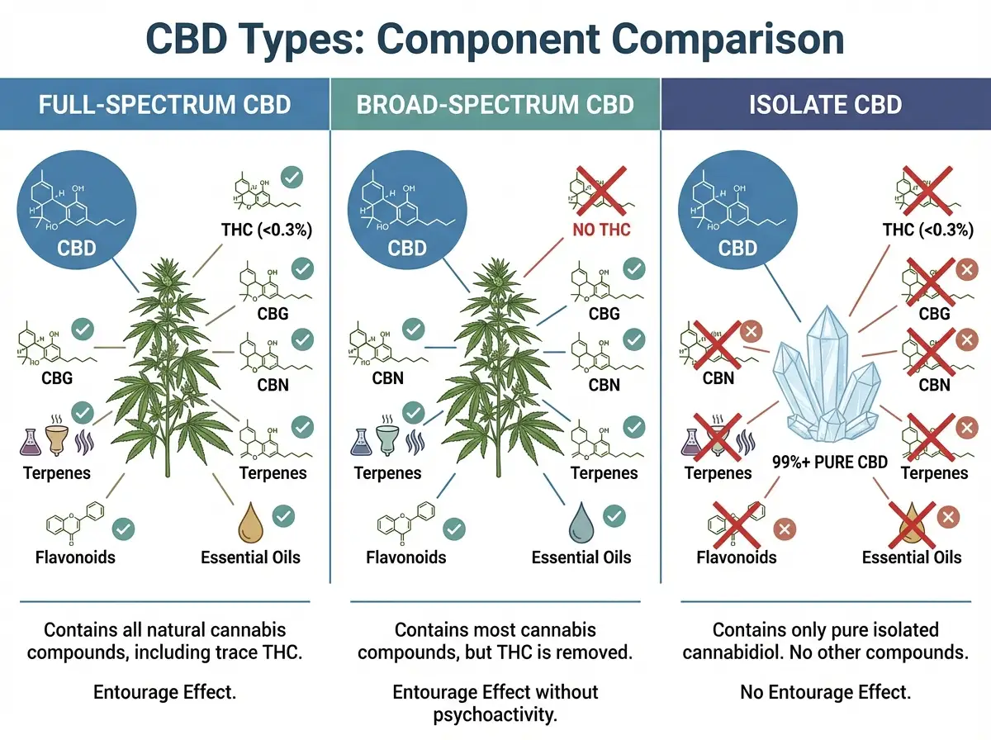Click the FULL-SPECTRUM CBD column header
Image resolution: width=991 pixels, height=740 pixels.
[x=164, y=105]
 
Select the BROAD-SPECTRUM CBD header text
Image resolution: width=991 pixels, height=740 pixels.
[x=495, y=105]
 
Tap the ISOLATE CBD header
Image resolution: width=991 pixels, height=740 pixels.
[x=826, y=105]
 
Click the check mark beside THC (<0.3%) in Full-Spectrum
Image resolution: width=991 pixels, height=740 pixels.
[x=292, y=178]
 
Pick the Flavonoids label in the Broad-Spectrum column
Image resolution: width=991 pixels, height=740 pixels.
[x=406, y=557]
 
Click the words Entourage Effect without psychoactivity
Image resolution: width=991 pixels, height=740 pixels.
[x=495, y=702]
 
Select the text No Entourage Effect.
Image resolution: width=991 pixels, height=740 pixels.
[x=826, y=692]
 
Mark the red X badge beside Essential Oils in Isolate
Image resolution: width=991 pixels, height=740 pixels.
[x=949, y=518]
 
